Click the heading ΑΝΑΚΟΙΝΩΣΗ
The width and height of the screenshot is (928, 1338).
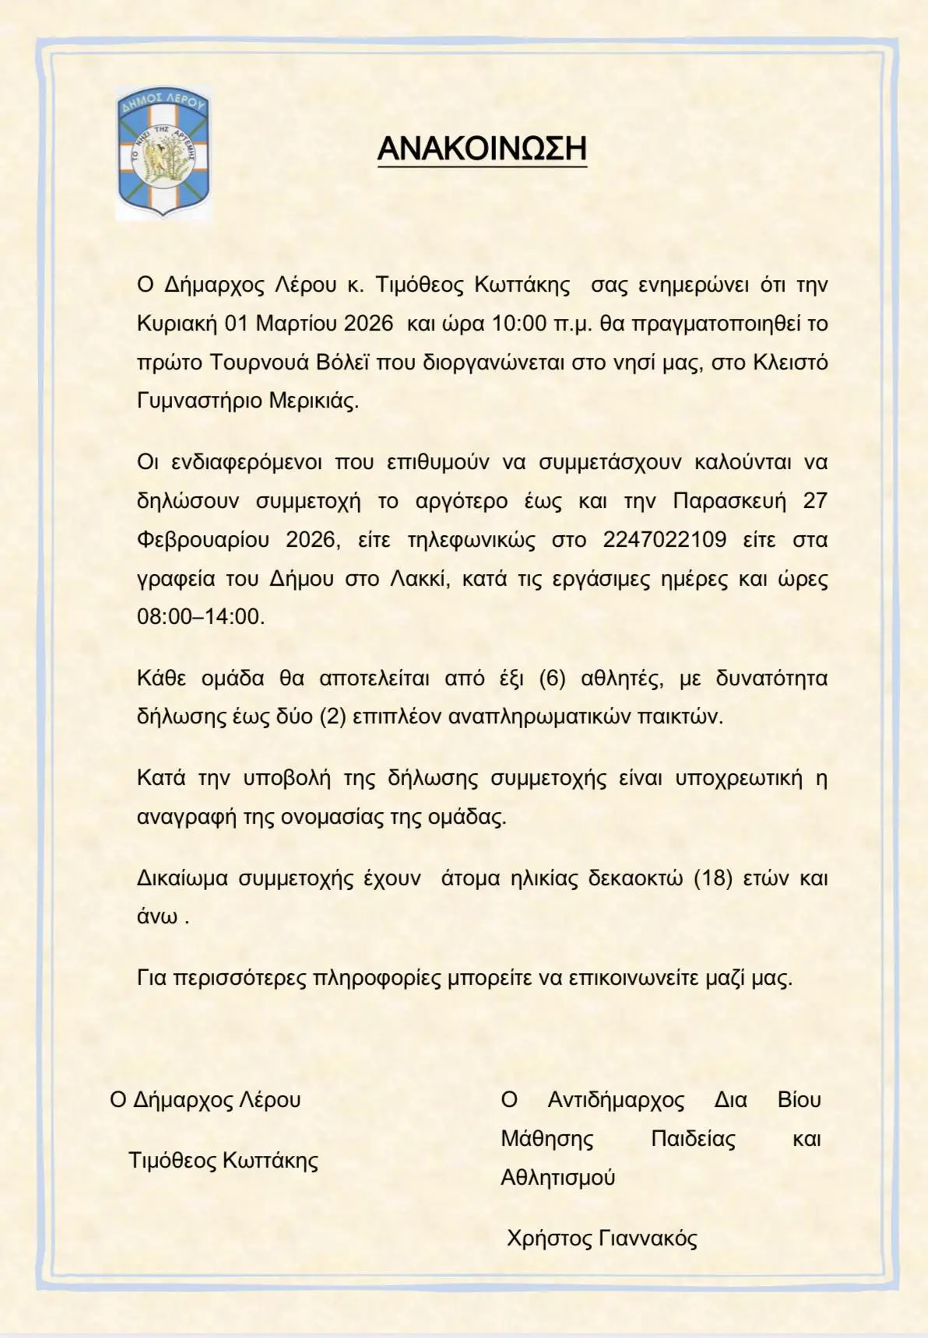(x=481, y=148)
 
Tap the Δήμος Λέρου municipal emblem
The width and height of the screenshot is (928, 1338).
(x=163, y=152)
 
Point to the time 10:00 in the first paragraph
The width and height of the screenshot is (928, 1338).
(x=519, y=323)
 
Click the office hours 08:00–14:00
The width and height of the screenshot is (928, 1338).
(x=200, y=616)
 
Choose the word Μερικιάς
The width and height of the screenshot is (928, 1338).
(x=314, y=401)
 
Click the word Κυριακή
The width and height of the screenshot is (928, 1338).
(x=177, y=323)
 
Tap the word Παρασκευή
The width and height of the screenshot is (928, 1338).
(x=729, y=500)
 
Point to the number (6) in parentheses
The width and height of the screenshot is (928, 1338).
(x=552, y=678)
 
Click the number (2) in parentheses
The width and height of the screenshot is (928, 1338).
(x=332, y=716)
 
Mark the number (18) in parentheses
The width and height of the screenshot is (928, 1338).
(x=713, y=878)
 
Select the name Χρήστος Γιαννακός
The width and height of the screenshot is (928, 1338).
(x=602, y=1238)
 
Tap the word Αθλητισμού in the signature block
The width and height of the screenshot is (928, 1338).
(x=557, y=1177)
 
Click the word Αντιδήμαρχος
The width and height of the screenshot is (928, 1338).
(x=616, y=1100)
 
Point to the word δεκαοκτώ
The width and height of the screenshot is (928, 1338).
(x=635, y=878)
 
